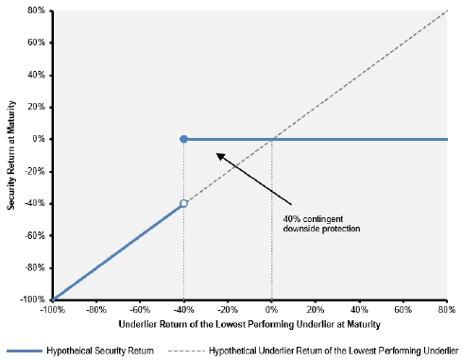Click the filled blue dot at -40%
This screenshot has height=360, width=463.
tap(183, 139)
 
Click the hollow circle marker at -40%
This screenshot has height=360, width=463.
tap(183, 203)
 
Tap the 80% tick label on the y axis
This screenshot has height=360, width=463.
tap(36, 10)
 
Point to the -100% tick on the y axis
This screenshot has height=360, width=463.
tap(32, 300)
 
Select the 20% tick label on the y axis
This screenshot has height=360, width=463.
tap(36, 107)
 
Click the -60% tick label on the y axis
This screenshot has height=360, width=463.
tap(35, 235)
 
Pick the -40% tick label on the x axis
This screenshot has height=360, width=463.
tap(183, 310)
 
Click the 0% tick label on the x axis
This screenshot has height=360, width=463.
tap(271, 310)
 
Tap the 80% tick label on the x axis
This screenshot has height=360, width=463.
tap(447, 310)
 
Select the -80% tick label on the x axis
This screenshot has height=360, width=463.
tap(96, 310)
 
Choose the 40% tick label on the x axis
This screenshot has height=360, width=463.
tap(359, 310)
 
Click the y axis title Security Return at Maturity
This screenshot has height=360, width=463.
tap(11, 155)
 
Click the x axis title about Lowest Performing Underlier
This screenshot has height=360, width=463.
tap(249, 324)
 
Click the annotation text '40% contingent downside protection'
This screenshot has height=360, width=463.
tap(321, 224)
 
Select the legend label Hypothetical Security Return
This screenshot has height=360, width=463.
tap(100, 351)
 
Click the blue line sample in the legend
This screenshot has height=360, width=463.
tap(25, 351)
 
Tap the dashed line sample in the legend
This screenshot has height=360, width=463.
tap(186, 351)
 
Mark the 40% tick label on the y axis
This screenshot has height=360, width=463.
tap(36, 75)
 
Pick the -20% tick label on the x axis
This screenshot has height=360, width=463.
tap(228, 310)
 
